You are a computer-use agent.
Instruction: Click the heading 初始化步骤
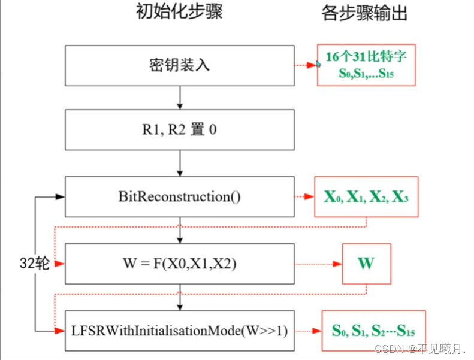(179, 13)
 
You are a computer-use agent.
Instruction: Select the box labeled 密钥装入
(180, 65)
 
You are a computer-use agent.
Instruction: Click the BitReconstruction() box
(180, 196)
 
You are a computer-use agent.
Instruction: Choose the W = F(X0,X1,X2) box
(180, 264)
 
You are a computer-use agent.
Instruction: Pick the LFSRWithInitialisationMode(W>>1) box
(180, 330)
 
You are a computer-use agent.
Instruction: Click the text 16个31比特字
(366, 58)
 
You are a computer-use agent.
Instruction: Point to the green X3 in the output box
(400, 198)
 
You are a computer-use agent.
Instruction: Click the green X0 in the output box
(333, 198)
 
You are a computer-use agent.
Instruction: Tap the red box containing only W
(366, 264)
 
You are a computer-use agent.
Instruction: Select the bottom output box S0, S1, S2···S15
(373, 331)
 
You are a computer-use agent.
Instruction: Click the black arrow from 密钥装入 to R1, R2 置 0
(180, 96)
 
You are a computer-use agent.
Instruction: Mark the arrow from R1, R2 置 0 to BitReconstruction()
(180, 162)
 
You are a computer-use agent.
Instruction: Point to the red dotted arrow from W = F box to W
(318, 264)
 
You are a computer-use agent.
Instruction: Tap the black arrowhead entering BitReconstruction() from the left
(60, 196)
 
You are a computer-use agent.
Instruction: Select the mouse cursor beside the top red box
(319, 62)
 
